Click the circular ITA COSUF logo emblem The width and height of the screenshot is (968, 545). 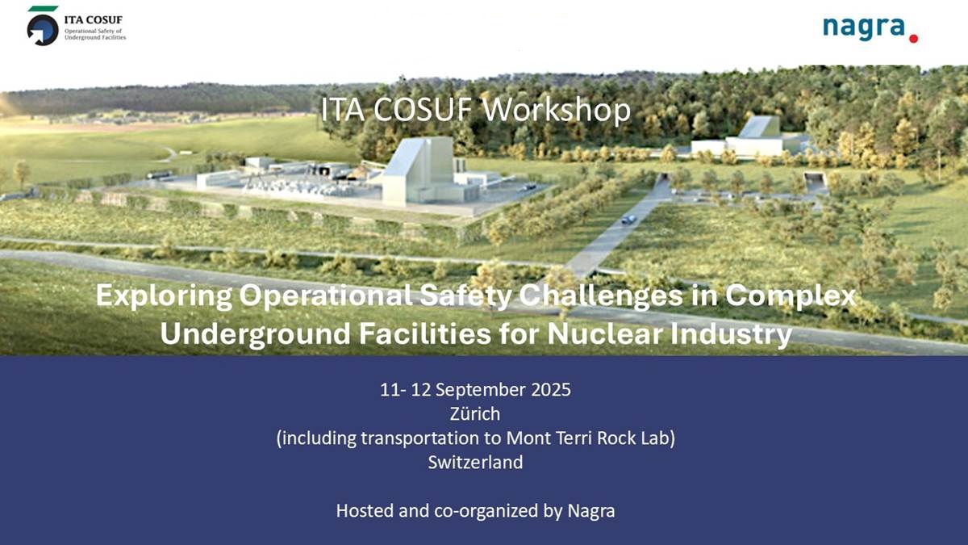pyautogui.click(x=43, y=30)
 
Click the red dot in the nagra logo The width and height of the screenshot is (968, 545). pyautogui.click(x=913, y=39)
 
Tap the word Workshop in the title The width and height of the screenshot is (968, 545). pyautogui.click(x=557, y=110)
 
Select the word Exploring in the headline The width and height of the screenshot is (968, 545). pyautogui.click(x=165, y=297)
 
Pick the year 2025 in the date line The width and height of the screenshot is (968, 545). pyautogui.click(x=551, y=390)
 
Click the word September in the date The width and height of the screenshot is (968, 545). pyautogui.click(x=481, y=391)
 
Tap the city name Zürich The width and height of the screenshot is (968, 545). pyautogui.click(x=475, y=414)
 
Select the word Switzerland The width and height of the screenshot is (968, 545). pyautogui.click(x=475, y=463)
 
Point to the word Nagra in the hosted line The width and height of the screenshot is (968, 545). pyautogui.click(x=591, y=511)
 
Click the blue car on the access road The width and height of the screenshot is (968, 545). pyautogui.click(x=628, y=220)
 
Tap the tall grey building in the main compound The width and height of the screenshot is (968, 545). pyautogui.click(x=418, y=171)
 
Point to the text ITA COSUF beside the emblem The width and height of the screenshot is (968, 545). pyautogui.click(x=94, y=20)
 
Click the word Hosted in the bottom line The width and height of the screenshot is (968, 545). pyautogui.click(x=365, y=511)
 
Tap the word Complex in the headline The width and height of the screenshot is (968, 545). pyautogui.click(x=791, y=297)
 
